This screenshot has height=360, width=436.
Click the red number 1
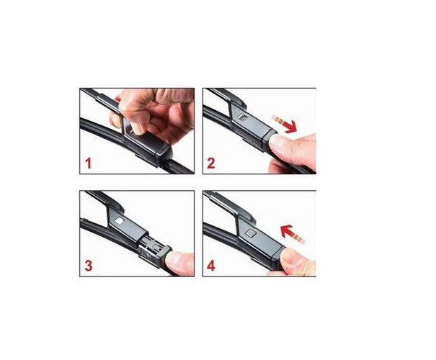(88, 163)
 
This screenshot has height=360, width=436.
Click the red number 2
(212, 163)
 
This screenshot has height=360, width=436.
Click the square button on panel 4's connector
(250, 233)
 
